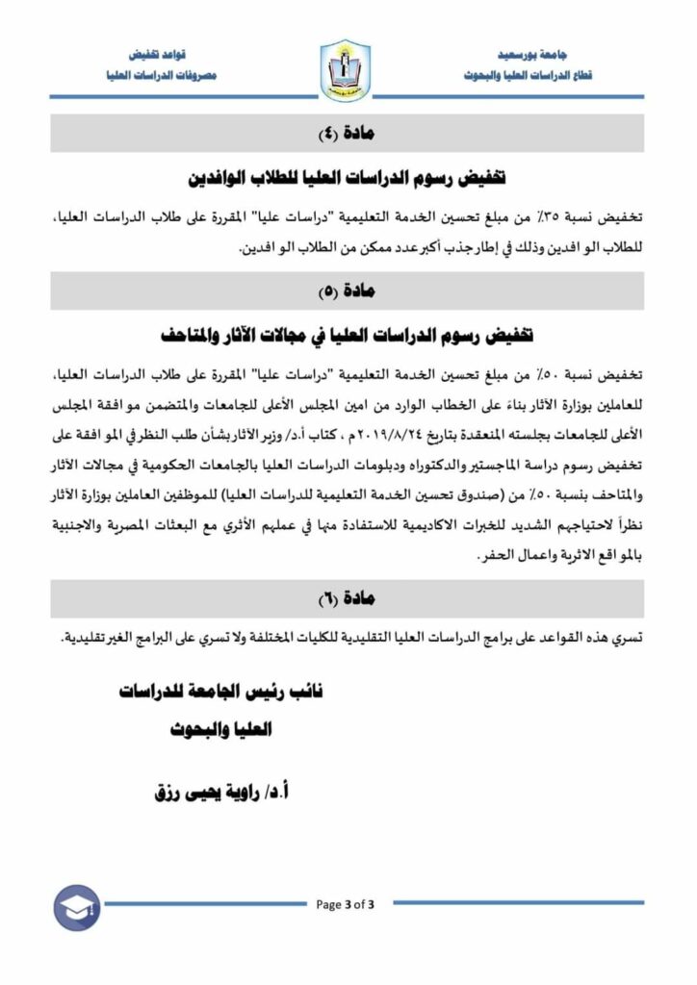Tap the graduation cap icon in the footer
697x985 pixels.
[76, 907]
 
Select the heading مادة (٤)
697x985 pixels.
[348, 134]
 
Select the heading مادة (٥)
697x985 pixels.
[348, 290]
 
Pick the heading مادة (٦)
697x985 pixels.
[348, 598]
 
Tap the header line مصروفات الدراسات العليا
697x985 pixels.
[160, 74]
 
